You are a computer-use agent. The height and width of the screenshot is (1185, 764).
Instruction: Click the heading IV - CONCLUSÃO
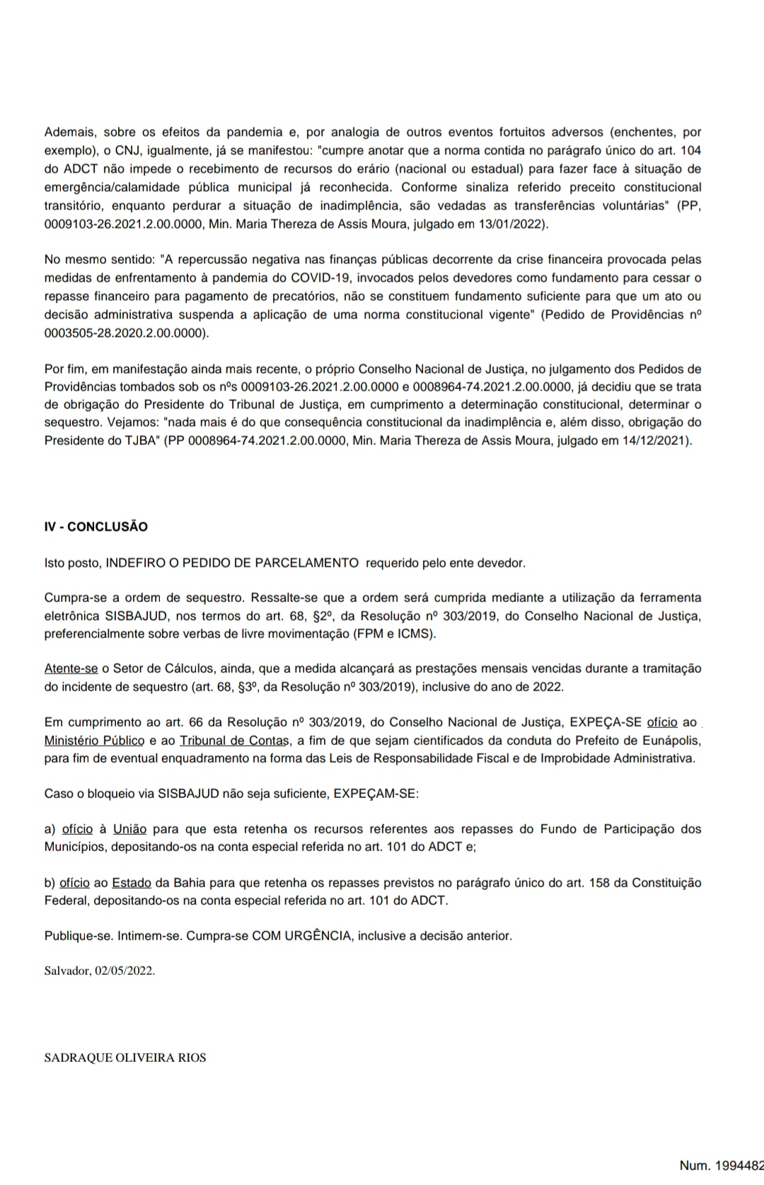96,526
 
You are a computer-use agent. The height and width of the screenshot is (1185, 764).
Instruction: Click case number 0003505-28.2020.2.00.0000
126,333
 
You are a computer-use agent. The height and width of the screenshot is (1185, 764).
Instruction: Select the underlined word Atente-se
71,668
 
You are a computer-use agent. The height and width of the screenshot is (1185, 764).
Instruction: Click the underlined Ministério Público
95,741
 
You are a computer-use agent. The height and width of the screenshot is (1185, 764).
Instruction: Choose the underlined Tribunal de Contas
233,741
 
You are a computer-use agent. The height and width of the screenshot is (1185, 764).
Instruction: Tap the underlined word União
129,828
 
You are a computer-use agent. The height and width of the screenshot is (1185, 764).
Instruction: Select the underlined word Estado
132,883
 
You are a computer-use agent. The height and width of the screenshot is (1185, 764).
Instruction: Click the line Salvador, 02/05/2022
99,971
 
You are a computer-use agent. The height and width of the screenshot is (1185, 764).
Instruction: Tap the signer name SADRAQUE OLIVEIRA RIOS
125,1058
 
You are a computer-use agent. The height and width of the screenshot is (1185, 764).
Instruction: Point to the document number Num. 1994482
721,1164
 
